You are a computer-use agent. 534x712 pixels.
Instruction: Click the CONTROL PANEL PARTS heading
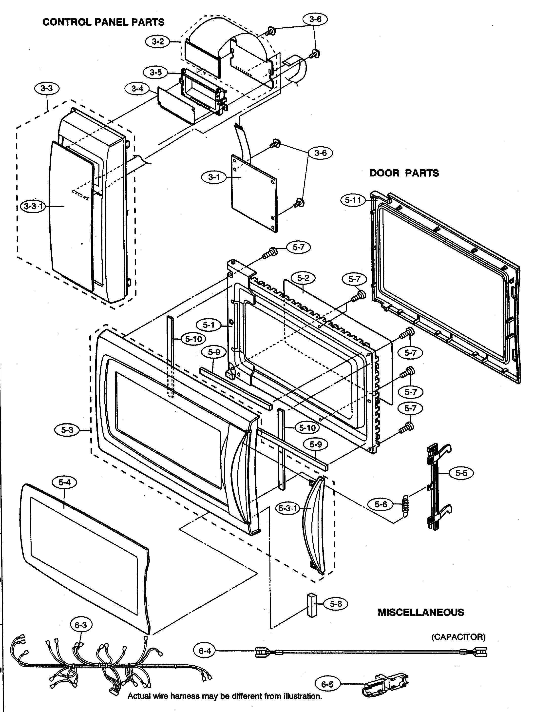coord(103,22)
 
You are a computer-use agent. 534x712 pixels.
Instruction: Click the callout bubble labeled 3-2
coord(158,41)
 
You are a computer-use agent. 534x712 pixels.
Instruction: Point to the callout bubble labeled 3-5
coord(156,72)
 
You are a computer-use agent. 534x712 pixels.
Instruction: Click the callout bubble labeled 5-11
coord(353,200)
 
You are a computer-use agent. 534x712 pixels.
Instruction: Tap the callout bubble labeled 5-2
coord(303,278)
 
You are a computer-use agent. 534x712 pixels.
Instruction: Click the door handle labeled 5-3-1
coord(313,528)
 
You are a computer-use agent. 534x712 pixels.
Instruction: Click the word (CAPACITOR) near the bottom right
coord(458,637)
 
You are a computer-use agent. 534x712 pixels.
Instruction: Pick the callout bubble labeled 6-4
coord(205,651)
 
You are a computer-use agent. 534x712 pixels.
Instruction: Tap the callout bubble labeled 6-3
coord(80,625)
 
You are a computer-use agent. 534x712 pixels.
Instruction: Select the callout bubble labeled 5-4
coord(64,482)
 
